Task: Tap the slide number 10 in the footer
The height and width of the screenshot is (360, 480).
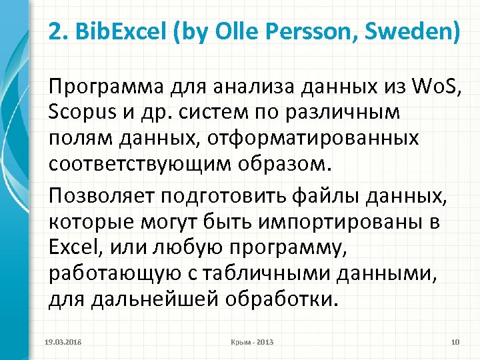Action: pos(455,342)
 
